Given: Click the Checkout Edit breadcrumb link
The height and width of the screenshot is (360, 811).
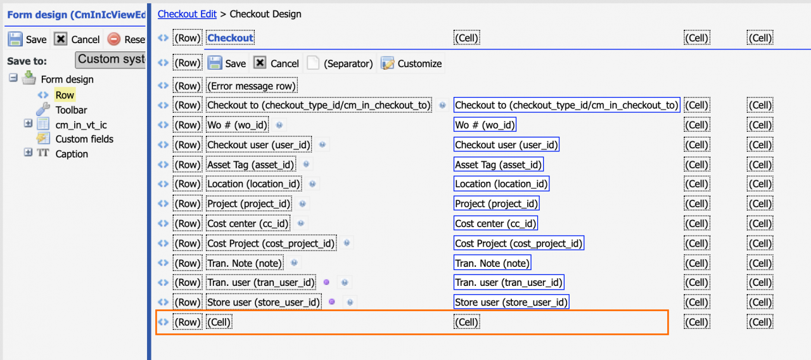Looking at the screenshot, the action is (187, 14).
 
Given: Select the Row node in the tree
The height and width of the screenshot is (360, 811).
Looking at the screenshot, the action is (65, 95).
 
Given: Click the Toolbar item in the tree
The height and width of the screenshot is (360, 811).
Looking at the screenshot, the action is (71, 110).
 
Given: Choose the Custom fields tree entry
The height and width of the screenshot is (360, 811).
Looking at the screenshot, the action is (84, 139).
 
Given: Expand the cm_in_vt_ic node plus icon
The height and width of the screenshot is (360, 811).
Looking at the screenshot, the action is (28, 124).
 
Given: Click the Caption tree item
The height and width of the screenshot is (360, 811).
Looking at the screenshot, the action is (72, 154).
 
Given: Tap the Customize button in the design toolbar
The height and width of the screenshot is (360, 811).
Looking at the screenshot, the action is (411, 64).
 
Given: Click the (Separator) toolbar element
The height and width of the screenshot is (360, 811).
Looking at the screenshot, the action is (340, 64).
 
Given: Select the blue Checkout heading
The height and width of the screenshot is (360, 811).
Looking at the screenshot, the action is (230, 38).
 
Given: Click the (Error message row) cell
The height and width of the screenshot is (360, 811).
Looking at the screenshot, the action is (252, 86).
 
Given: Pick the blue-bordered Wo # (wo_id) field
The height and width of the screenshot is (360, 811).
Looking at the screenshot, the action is (485, 125).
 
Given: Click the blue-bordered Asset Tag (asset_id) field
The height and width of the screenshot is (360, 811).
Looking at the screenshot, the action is (498, 165).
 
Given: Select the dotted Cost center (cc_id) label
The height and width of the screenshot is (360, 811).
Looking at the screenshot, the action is (248, 224).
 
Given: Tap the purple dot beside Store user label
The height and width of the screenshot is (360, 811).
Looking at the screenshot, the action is (331, 302).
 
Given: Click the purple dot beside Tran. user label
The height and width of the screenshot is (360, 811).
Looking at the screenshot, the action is (326, 282).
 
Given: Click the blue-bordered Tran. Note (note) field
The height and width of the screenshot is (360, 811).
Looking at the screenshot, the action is (492, 263).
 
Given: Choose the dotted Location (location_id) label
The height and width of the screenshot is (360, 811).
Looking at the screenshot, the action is (254, 184).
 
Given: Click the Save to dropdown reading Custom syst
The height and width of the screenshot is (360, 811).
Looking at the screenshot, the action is (110, 60).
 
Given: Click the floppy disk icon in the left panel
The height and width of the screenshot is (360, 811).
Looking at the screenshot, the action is (15, 39).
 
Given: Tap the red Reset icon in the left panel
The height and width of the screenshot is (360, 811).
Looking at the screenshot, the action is (113, 39).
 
